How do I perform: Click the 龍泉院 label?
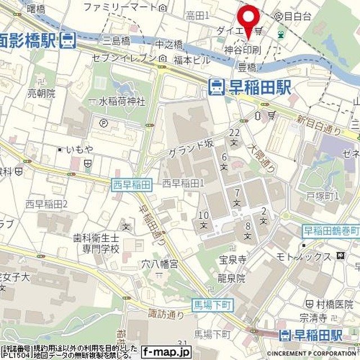(x=232, y=278)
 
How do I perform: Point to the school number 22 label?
(x=234, y=132)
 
